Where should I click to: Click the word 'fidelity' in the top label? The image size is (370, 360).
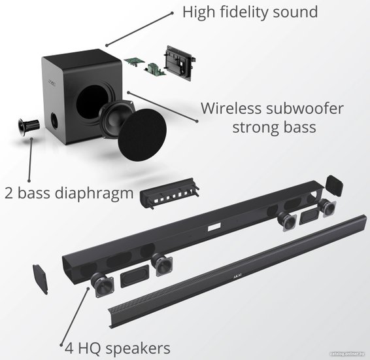point(244,12)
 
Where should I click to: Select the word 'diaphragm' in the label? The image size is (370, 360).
point(94,194)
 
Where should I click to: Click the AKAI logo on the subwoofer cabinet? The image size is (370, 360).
point(52,83)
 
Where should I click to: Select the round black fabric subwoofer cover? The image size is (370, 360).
point(142,135)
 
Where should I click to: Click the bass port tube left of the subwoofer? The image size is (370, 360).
point(28,126)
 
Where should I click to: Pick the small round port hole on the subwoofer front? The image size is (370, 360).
point(54,121)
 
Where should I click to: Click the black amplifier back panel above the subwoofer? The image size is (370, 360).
point(180,62)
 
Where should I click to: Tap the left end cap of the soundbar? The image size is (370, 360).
point(41,279)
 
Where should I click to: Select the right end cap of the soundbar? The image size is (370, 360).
point(334,185)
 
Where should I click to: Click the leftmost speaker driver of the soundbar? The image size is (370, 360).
point(103,285)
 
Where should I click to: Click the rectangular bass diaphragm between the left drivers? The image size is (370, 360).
point(135,276)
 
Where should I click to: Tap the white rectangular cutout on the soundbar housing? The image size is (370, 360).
point(214,226)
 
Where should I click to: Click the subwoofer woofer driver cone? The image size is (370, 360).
point(116,118)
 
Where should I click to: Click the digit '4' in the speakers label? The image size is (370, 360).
point(69,348)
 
